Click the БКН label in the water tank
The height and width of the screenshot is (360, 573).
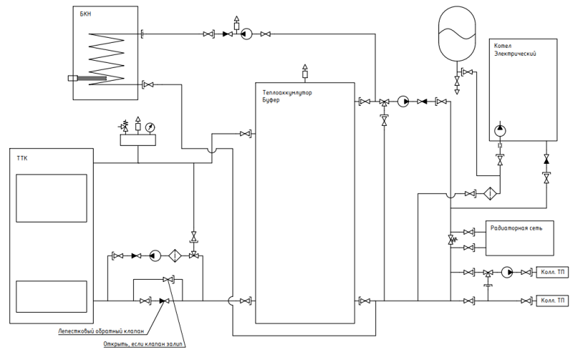[x=85, y=14]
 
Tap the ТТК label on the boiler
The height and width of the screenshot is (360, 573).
[x=22, y=158]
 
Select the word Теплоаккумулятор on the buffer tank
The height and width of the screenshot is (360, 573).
[x=287, y=93]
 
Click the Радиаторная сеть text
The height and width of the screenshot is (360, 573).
[x=516, y=228]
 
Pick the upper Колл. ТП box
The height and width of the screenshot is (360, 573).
[x=552, y=272]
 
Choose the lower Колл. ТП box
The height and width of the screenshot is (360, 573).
[x=552, y=301]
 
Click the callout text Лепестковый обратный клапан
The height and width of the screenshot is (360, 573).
[x=101, y=331]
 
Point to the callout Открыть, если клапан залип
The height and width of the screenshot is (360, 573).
[x=144, y=344]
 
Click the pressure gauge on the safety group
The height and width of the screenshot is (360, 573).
[x=150, y=127]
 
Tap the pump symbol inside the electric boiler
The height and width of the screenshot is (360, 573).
[x=500, y=130]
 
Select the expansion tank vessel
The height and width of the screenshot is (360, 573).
[x=457, y=34]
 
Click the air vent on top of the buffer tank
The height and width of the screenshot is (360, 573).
[x=305, y=71]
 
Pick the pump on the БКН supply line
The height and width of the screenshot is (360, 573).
[x=246, y=34]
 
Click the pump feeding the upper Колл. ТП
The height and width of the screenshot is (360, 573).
[x=507, y=272]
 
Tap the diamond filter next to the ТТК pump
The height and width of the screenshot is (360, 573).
[x=175, y=256]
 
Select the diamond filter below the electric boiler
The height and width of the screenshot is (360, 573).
[x=489, y=193]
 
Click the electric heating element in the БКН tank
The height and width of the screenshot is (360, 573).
[x=87, y=78]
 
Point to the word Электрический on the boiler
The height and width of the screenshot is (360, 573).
[x=515, y=54]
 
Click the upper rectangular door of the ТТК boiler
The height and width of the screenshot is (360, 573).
[x=52, y=198]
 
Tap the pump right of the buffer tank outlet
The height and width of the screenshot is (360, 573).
[x=403, y=102]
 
